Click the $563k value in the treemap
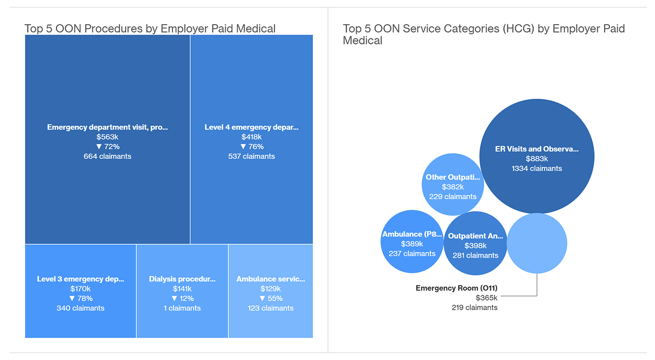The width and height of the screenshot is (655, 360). [x=107, y=137]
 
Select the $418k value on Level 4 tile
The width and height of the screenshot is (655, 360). [x=251, y=137]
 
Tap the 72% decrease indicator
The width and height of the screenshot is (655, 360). [x=107, y=147]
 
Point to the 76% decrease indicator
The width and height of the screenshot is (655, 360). [x=251, y=147]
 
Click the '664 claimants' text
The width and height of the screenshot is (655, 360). [x=107, y=156]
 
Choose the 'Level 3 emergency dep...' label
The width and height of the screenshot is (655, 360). [x=80, y=279]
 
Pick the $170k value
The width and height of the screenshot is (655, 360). [x=80, y=289]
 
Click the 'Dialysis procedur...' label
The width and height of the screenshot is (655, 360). [x=182, y=279]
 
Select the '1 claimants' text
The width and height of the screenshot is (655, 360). [x=182, y=308]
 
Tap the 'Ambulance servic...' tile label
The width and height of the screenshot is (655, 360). [x=270, y=279]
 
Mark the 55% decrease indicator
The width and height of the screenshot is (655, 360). [x=270, y=298]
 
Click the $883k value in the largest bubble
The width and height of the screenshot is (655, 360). [x=537, y=159]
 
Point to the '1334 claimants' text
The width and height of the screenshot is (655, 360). [x=537, y=169]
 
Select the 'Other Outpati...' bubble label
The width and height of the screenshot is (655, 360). [x=452, y=177]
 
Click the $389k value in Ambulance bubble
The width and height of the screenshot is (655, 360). [x=412, y=244]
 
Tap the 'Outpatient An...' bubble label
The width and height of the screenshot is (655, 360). [x=475, y=236]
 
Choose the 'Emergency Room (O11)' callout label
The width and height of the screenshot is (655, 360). [x=456, y=288]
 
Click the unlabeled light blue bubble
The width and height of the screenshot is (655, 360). [x=537, y=243]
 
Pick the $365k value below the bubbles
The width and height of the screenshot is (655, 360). [x=487, y=298]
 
